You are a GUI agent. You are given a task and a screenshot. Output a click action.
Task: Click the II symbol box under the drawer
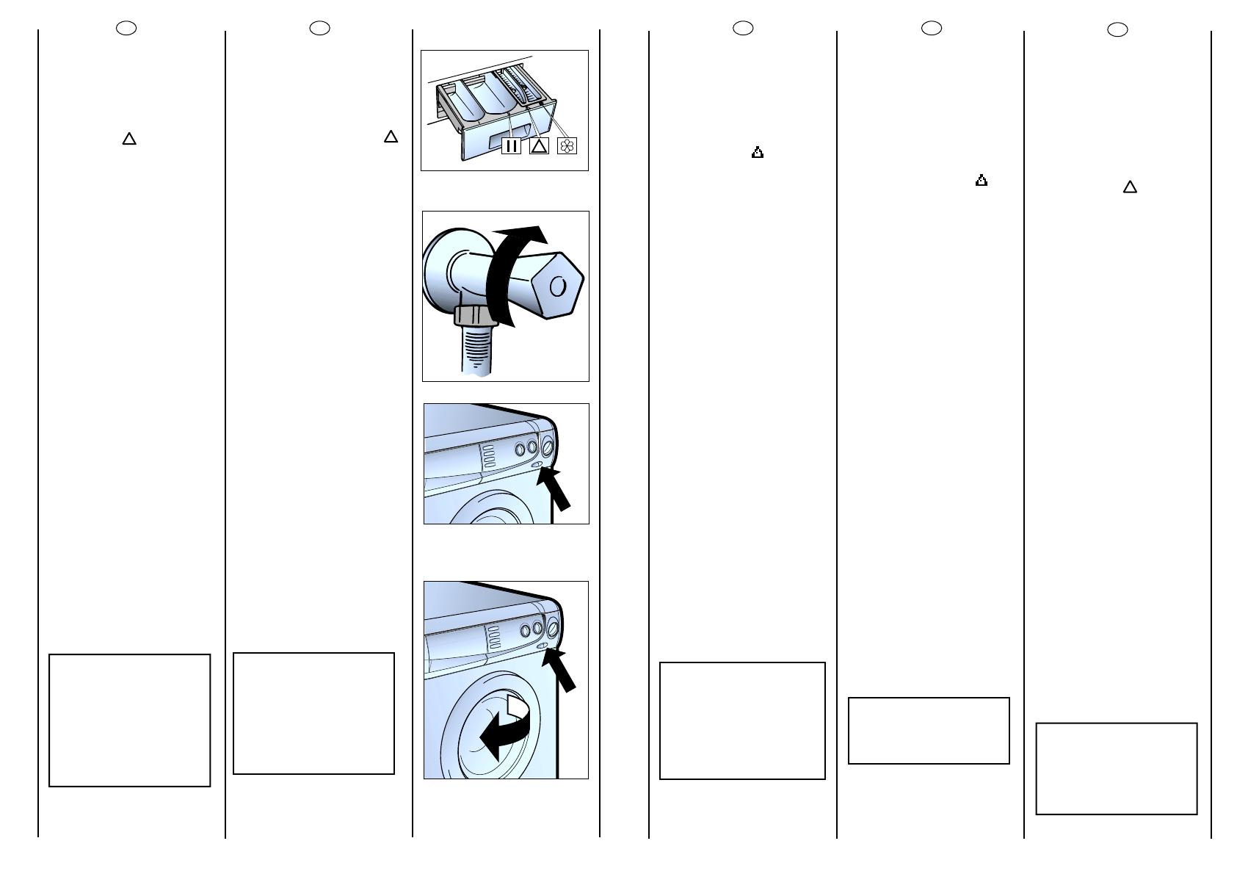coord(511,145)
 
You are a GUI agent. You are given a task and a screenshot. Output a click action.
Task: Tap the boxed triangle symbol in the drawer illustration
coord(539,145)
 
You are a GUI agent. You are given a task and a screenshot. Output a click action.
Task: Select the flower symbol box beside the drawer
coord(567,145)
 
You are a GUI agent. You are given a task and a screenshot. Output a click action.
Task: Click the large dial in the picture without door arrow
coord(547,447)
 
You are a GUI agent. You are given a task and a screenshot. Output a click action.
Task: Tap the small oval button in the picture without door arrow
coord(537,464)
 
